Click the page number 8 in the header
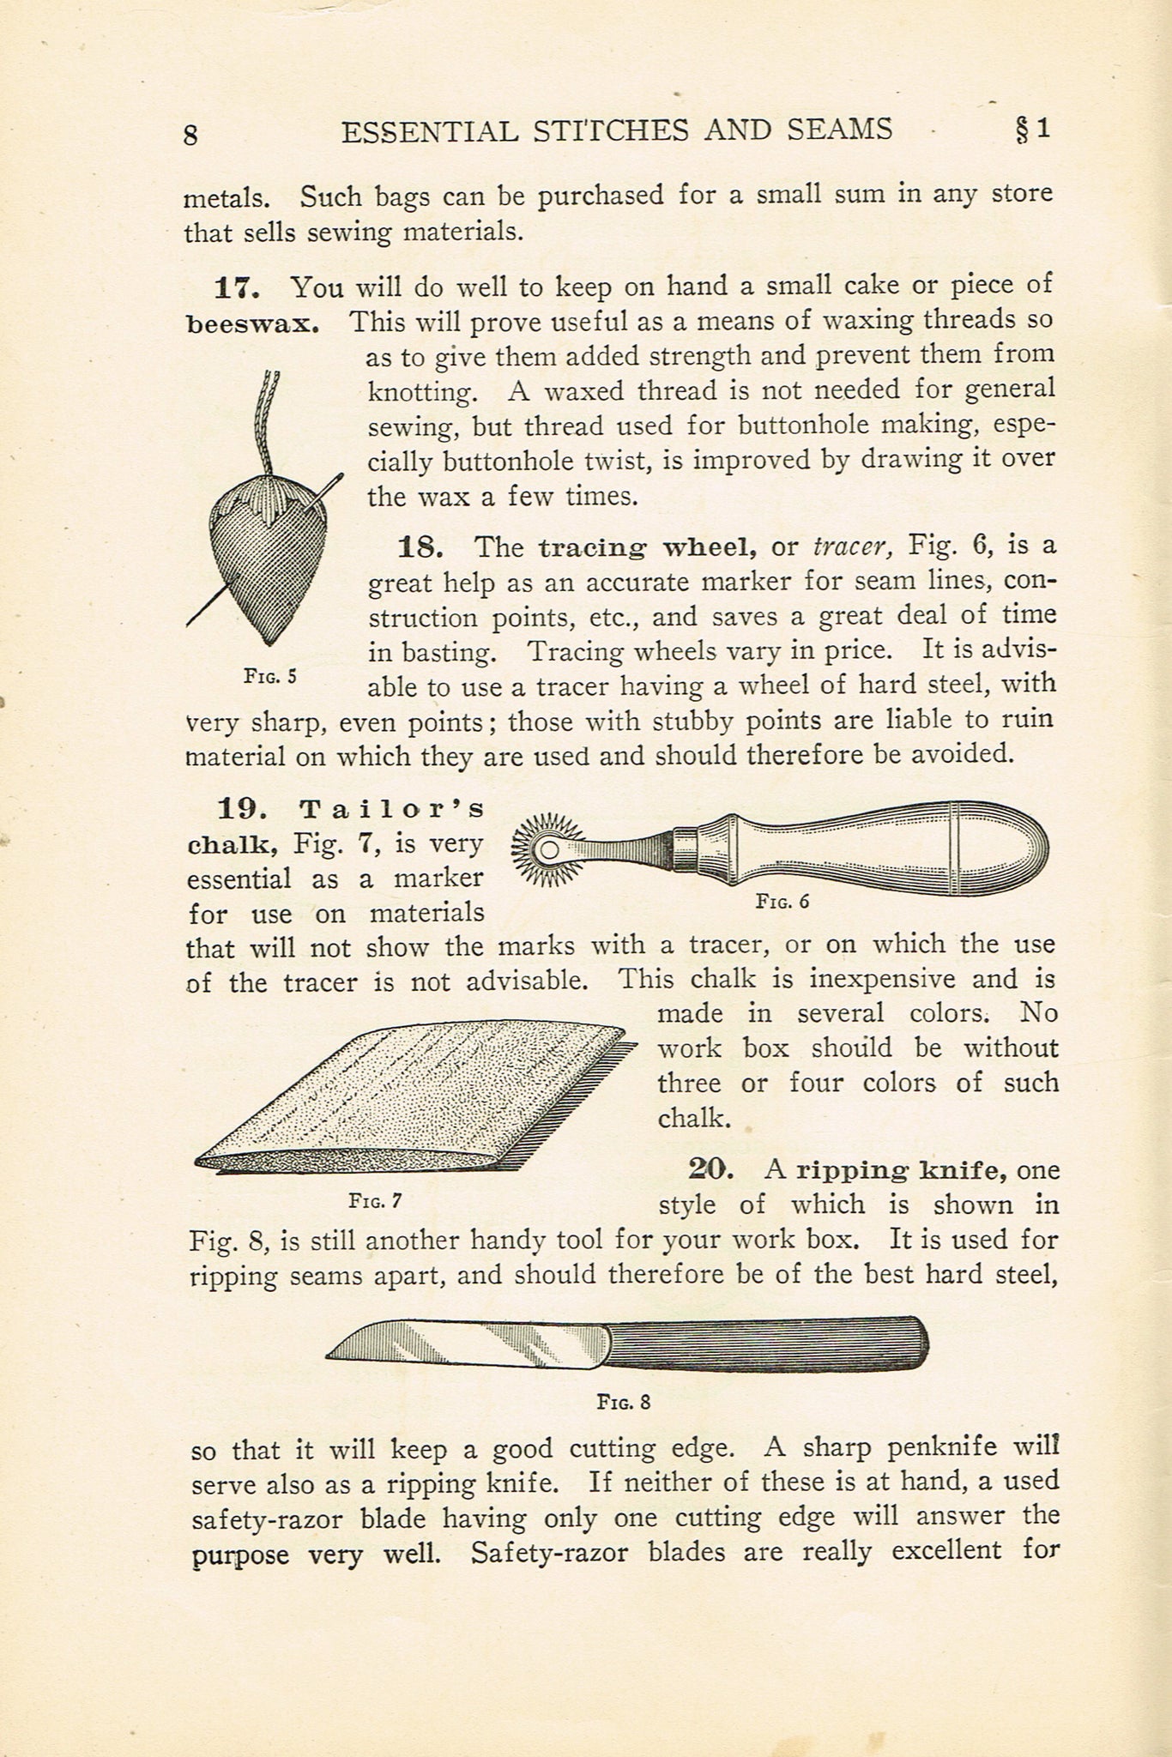pos(190,135)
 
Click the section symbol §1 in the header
pos(1032,129)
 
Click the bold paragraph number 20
pos(711,1169)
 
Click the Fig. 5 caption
pos(270,676)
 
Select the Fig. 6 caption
pos(782,901)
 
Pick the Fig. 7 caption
pos(375,1201)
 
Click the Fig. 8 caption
pos(624,1403)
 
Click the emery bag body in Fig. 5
pos(266,566)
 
